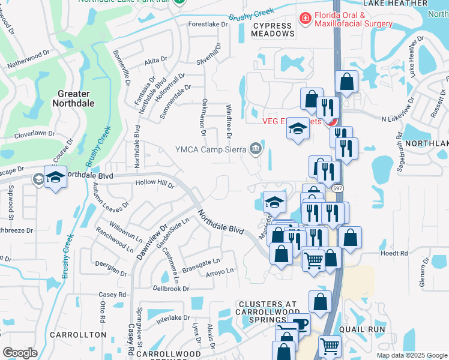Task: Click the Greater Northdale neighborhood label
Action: [x=73, y=98]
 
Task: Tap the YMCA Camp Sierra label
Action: [x=211, y=149]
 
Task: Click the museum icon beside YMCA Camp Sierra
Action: [x=256, y=149]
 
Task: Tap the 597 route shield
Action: [x=338, y=188]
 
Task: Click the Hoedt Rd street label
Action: [x=394, y=253]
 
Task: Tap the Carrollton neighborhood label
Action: [x=78, y=335]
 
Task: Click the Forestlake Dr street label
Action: [x=208, y=25]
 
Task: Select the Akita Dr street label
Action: [x=155, y=61]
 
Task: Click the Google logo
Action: [x=20, y=353]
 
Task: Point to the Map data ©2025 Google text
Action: [x=412, y=355]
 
